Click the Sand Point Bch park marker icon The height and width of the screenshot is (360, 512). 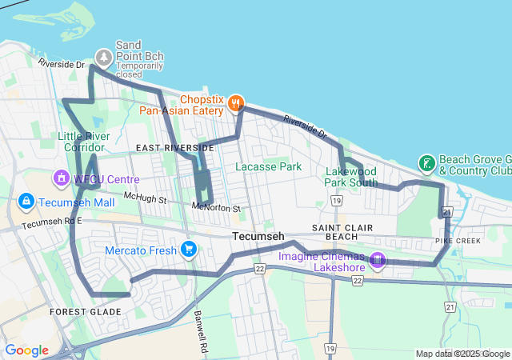pyautogui.click(x=104, y=57)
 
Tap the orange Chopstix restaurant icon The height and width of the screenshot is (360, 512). pyautogui.click(x=235, y=102)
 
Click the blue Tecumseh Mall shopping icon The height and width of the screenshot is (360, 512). pyautogui.click(x=26, y=200)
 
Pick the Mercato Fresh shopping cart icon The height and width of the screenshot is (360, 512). pyautogui.click(x=189, y=250)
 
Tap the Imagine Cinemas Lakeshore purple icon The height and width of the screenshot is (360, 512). pyautogui.click(x=378, y=259)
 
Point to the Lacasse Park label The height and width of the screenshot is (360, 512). pyautogui.click(x=268, y=166)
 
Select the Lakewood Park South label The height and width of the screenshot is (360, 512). pyautogui.click(x=351, y=177)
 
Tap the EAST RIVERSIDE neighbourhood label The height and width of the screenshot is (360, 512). pyautogui.click(x=174, y=148)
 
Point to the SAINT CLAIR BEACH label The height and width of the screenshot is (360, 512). pyautogui.click(x=346, y=233)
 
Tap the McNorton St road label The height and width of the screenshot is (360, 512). pyautogui.click(x=216, y=208)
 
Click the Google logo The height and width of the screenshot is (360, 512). pyautogui.click(x=26, y=350)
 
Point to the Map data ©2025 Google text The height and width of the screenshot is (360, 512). pyautogui.click(x=462, y=354)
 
